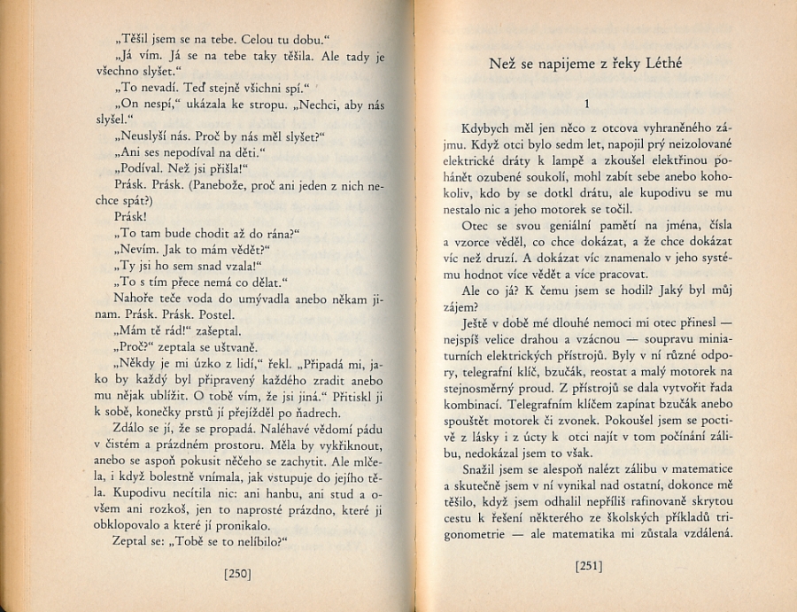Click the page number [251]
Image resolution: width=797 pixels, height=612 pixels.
tap(589, 564)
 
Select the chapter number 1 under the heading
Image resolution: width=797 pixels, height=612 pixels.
tap(587, 104)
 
